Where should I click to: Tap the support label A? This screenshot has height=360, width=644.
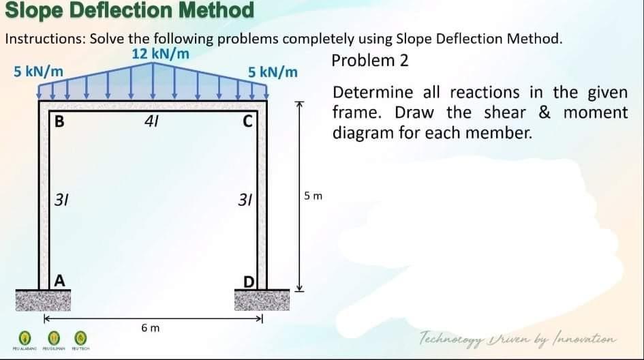pos(60,280)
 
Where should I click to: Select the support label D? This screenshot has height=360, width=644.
pos(249,281)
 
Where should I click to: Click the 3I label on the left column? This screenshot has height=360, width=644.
pos(61,200)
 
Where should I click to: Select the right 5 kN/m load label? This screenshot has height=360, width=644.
pos(273,72)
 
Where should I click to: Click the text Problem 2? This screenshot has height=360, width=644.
pos(370,60)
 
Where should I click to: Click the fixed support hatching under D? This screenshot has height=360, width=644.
pos(260,300)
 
